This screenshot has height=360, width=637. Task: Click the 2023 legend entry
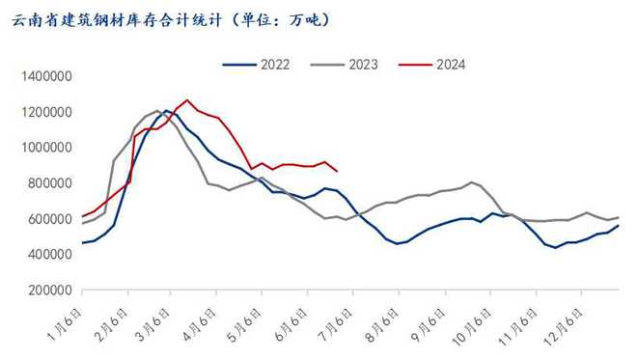(360, 65)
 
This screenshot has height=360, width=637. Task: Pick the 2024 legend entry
(451, 65)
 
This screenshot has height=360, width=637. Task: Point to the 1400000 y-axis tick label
(44, 76)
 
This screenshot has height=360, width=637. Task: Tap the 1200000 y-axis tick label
(44, 112)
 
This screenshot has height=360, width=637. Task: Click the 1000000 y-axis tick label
(44, 148)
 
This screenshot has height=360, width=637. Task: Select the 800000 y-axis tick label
(48, 183)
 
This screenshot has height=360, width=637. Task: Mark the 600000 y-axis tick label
(48, 219)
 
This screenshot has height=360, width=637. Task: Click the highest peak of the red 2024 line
(187, 99)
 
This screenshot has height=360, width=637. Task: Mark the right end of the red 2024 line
(336, 172)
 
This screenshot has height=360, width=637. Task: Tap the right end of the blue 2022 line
(619, 225)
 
